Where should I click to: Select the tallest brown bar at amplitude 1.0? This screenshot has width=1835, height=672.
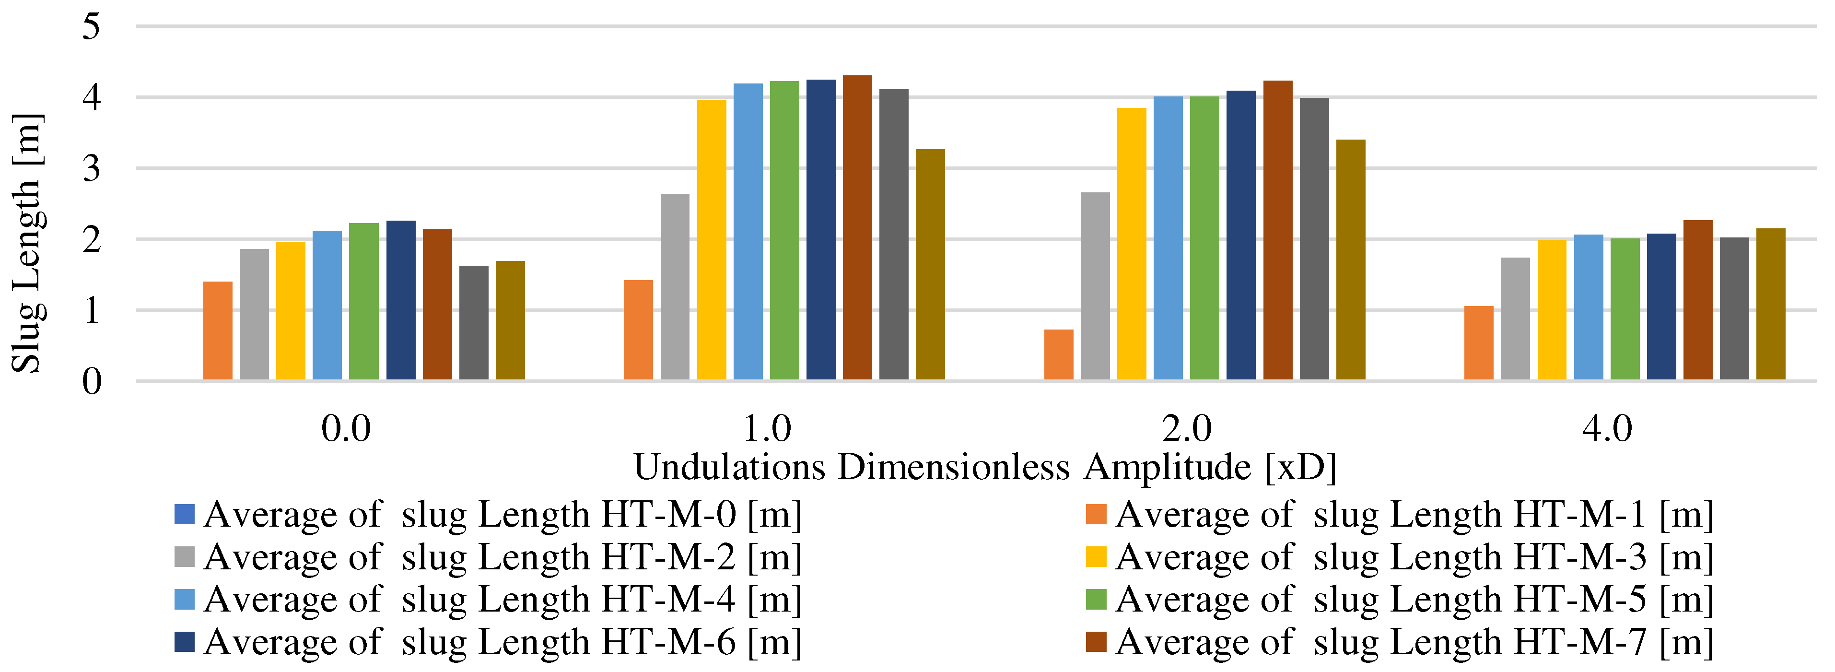pos(857,228)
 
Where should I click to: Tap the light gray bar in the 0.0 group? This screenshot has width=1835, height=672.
pos(254,314)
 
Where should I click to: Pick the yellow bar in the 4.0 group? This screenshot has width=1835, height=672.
pos(1552,310)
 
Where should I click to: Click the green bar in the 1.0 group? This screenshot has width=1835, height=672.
pos(784,231)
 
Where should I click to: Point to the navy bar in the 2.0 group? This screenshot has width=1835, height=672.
pos(1241,235)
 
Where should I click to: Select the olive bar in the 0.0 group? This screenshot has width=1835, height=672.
pos(510,321)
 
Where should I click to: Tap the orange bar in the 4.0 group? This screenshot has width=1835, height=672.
pos(1478,343)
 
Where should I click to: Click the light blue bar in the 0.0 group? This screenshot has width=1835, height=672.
pos(327,305)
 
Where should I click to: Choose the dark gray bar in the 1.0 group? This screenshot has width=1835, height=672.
pos(893,235)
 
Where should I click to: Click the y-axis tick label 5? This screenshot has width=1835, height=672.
pos(91,27)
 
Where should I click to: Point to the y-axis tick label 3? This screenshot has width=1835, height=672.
pos(91,169)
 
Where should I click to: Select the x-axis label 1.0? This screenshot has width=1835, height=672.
pos(767,428)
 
